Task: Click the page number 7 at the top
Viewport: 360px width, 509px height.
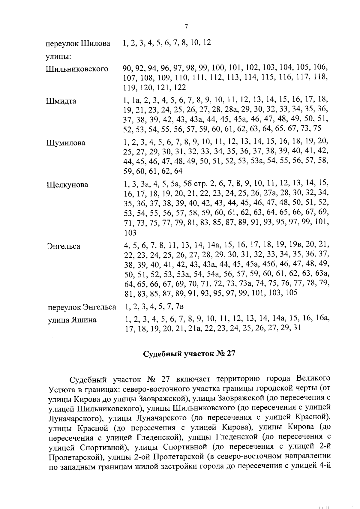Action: [186, 27]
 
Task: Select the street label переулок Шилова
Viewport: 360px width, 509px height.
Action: [78, 44]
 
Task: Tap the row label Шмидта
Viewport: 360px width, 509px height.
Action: [61, 101]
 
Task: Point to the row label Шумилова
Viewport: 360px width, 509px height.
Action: [66, 143]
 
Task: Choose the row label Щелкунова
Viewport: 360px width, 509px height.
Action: [67, 185]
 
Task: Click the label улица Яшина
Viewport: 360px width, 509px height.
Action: [72, 320]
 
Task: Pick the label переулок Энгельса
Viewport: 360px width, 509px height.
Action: [82, 307]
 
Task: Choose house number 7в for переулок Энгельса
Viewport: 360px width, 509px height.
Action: [179, 307]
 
